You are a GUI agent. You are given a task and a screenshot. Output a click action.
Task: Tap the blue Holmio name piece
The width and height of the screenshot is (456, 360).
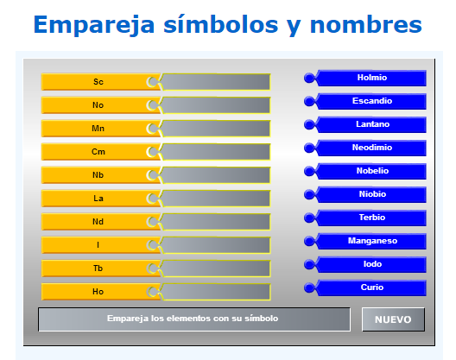tap(365, 78)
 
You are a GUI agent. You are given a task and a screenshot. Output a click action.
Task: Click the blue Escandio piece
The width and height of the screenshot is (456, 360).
tap(365, 101)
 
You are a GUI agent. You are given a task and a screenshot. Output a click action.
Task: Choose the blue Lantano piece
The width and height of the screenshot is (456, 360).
tap(365, 124)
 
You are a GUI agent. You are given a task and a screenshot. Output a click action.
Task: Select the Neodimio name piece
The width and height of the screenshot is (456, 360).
tap(365, 148)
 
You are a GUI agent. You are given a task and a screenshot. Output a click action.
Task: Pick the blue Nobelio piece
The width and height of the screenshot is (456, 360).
tap(365, 171)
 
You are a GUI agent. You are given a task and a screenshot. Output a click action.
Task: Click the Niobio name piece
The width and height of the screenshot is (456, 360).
tap(365, 194)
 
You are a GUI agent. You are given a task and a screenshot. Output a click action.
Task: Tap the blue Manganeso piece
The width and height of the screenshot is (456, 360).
tap(365, 241)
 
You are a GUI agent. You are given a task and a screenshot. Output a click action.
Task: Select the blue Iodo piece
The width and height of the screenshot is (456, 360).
tap(365, 264)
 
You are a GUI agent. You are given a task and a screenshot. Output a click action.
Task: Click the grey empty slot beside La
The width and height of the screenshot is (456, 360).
tap(216, 199)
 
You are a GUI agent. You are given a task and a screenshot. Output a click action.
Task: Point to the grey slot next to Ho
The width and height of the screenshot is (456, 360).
tap(216, 292)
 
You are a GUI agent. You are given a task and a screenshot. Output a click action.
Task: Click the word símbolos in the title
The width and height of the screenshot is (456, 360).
tap(221, 24)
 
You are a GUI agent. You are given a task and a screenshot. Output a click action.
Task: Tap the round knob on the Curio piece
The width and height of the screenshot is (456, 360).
tap(309, 287)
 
